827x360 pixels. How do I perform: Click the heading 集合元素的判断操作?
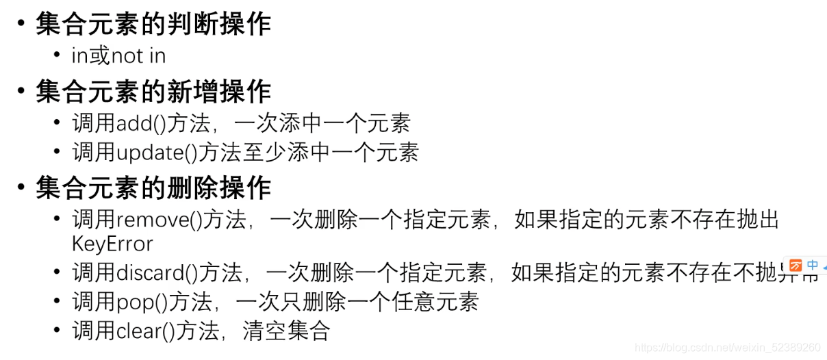pyautogui.click(x=153, y=25)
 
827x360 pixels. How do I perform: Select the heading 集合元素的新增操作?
pyautogui.click(x=153, y=92)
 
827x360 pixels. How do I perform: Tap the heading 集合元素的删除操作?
pyautogui.click(x=153, y=188)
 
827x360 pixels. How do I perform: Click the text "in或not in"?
pyautogui.click(x=118, y=55)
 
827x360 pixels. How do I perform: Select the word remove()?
pyautogui.click(x=158, y=220)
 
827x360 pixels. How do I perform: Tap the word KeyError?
pyautogui.click(x=112, y=244)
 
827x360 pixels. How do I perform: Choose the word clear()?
pyautogui.click(x=147, y=331)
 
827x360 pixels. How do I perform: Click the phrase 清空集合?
pyautogui.click(x=287, y=331)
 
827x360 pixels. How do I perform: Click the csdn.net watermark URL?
pyautogui.click(x=727, y=348)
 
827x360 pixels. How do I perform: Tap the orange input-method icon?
pyautogui.click(x=796, y=266)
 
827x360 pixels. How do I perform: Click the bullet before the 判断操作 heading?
pyautogui.click(x=21, y=25)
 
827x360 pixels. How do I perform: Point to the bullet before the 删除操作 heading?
pyautogui.click(x=21, y=188)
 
